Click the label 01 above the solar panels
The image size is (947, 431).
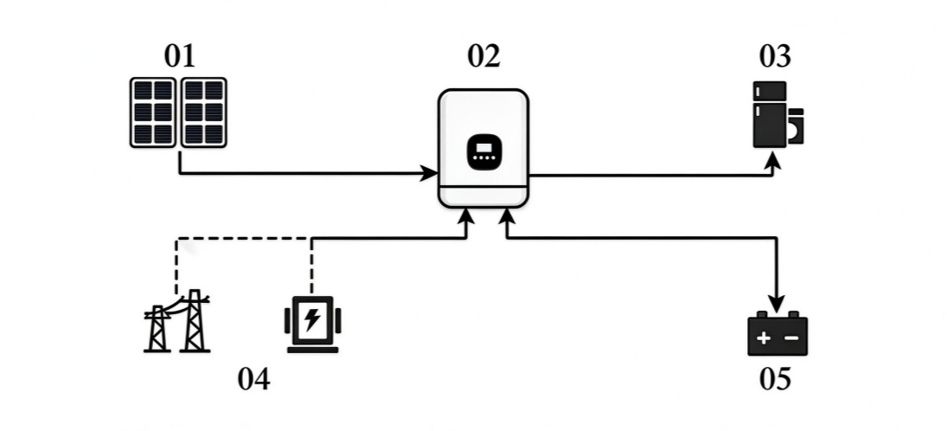pos(180,56)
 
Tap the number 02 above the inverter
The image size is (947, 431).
pos(483,56)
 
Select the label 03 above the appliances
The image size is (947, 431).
pos(775,56)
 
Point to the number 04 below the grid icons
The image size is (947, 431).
pos(253,379)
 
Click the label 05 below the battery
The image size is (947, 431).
pos(775,379)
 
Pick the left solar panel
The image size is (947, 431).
pos(153,113)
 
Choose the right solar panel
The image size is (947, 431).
pos(204,113)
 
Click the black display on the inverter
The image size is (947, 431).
pos(483,151)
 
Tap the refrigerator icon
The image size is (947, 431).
pos(770,114)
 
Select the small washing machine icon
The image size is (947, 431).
pos(796,125)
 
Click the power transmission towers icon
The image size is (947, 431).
pos(177,321)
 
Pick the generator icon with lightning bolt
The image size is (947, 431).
pos(312,324)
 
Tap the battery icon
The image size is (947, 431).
pos(777,333)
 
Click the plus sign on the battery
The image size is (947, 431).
pos(764,338)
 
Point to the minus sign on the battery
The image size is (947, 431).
pos(791,338)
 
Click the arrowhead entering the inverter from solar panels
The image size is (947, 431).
pos(431,174)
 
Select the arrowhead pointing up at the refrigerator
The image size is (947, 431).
pos(772,160)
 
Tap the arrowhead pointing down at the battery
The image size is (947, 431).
pos(777,304)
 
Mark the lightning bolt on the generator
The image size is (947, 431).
pos(312,319)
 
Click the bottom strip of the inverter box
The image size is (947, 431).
pos(483,197)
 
